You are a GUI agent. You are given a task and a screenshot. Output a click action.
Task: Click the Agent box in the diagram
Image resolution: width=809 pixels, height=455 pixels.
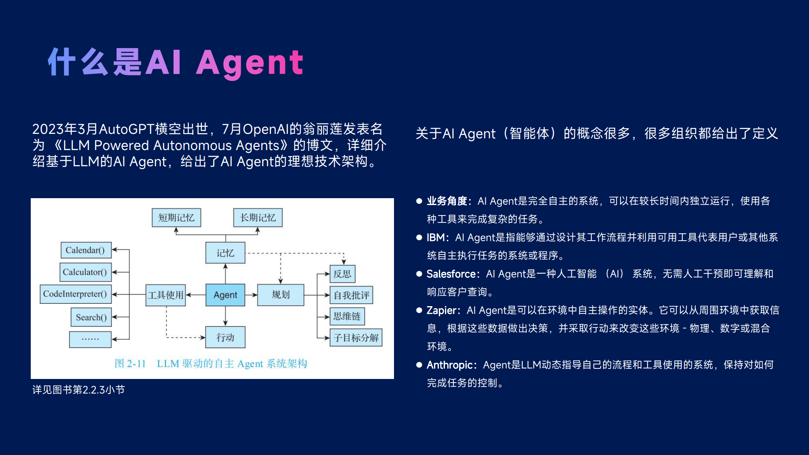point(225,295)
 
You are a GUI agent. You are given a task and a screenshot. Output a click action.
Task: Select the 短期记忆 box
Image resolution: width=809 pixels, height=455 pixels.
point(176,218)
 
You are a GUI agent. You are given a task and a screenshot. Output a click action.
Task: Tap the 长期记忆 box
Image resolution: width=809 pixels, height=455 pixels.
point(258,218)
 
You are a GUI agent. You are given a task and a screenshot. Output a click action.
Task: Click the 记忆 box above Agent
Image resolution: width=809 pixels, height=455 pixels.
point(225,253)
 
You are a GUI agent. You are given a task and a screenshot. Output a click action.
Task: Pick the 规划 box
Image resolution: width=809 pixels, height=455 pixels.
point(281,295)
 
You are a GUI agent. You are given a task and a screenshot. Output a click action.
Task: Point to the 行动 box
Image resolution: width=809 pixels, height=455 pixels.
point(225,337)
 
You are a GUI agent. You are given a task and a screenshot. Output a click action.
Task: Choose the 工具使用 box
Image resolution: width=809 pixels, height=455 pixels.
point(166,295)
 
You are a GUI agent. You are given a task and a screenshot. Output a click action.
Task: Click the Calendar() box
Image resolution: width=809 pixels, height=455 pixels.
point(86,250)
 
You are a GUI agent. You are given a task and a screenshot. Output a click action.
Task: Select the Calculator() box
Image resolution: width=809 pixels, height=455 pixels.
point(85,272)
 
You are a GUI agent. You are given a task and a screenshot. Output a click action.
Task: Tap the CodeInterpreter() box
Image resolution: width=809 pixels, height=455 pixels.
point(76,294)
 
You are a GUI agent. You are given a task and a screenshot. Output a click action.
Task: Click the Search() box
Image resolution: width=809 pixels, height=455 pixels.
point(91,317)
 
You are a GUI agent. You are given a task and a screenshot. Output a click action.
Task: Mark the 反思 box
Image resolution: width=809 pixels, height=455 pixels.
point(343,274)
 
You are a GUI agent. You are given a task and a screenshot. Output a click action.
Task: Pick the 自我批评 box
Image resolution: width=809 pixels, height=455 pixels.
point(352,295)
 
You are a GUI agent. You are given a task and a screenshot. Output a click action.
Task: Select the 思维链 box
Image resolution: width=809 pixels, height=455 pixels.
point(347,316)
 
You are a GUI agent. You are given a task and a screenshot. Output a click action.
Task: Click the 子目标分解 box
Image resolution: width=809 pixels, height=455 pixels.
point(356,337)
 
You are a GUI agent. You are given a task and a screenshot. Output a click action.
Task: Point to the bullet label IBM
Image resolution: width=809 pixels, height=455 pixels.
point(435,237)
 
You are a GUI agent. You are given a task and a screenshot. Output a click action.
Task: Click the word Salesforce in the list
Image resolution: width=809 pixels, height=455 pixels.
point(451,274)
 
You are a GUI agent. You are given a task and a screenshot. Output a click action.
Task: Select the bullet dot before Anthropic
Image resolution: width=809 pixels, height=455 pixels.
point(419,365)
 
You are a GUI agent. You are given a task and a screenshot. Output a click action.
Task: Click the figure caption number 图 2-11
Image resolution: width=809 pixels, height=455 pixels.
point(130,364)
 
